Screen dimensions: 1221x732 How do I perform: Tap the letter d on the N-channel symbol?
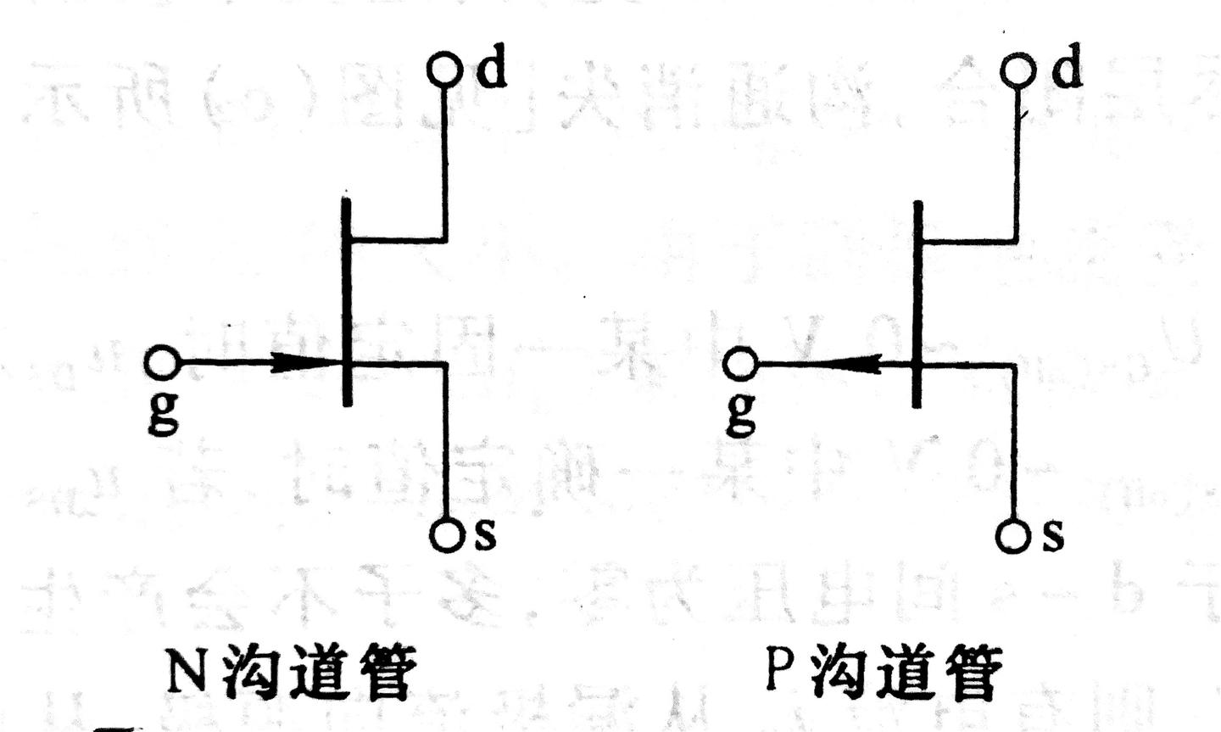click(x=491, y=69)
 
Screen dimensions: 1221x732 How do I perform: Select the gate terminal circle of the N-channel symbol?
click(x=161, y=364)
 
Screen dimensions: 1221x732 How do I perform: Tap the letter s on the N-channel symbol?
click(x=484, y=534)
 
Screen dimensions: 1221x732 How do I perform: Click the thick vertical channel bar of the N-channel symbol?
click(x=346, y=301)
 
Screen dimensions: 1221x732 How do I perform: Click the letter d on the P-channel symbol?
click(x=1067, y=69)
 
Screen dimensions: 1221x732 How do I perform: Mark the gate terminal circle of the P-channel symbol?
click(x=740, y=365)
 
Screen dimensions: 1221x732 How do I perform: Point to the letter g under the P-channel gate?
click(x=741, y=413)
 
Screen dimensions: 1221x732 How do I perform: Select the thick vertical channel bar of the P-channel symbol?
click(x=917, y=304)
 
